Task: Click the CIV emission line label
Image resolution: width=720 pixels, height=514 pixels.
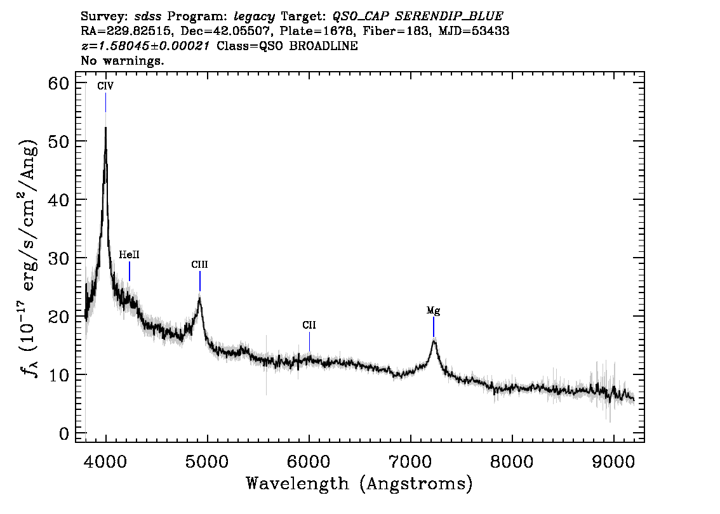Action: pyautogui.click(x=105, y=86)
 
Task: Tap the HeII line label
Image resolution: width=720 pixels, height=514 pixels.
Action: pyautogui.click(x=129, y=254)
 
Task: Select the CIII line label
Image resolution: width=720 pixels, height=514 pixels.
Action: pyautogui.click(x=199, y=265)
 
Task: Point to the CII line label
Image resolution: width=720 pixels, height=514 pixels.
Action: pyautogui.click(x=309, y=326)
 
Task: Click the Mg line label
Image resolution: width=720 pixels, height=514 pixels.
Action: pyautogui.click(x=433, y=311)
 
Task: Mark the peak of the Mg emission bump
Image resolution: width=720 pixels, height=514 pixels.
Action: pyautogui.click(x=434, y=341)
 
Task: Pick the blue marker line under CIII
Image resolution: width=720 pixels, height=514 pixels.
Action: pyautogui.click(x=200, y=280)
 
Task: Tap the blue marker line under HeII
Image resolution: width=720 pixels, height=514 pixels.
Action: pyautogui.click(x=130, y=271)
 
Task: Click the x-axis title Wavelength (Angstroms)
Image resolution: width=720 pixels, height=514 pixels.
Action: pyautogui.click(x=359, y=484)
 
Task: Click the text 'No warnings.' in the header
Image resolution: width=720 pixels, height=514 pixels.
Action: pyautogui.click(x=123, y=61)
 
